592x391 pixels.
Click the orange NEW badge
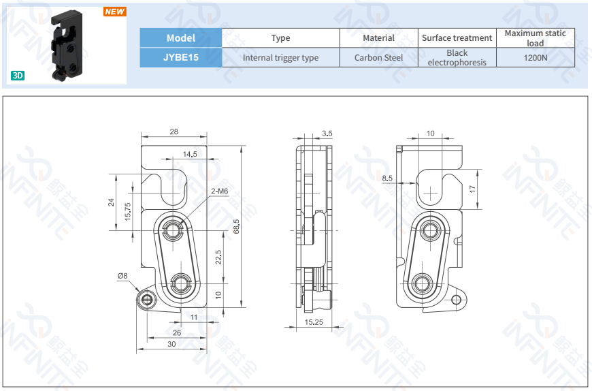[114, 12]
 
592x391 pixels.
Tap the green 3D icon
[18, 75]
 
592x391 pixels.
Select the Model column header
[180, 38]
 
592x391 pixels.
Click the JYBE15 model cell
[180, 58]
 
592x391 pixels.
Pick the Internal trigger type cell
[280, 58]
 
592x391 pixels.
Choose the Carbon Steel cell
[378, 58]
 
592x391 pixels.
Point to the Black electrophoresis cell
[457, 58]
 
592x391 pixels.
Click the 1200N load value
[535, 58]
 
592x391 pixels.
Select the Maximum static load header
[535, 38]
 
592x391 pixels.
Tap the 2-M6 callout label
[219, 191]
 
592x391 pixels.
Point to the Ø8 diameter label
[122, 276]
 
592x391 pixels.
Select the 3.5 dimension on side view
[327, 134]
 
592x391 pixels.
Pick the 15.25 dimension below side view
[314, 322]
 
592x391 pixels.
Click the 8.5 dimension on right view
[388, 178]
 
